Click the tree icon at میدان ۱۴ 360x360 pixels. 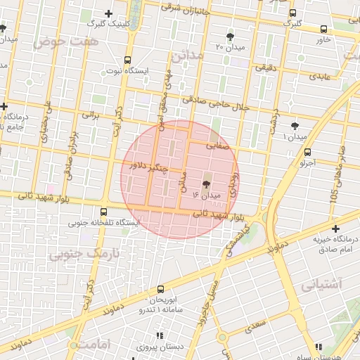coord(205,184)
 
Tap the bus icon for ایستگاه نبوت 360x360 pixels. coord(127,60)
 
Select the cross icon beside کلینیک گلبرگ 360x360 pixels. coord(108,13)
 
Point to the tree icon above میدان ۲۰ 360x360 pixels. coord(230,36)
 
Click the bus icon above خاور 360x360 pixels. coord(323,30)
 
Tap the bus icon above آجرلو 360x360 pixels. coord(307,152)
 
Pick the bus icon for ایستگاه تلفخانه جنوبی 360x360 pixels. coord(104,212)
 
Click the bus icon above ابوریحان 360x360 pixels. coord(160,289)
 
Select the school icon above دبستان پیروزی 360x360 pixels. coord(160,335)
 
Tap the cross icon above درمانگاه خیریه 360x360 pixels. coord(335,229)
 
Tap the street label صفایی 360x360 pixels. coord(217,146)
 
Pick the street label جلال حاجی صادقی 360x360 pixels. coord(216,104)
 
